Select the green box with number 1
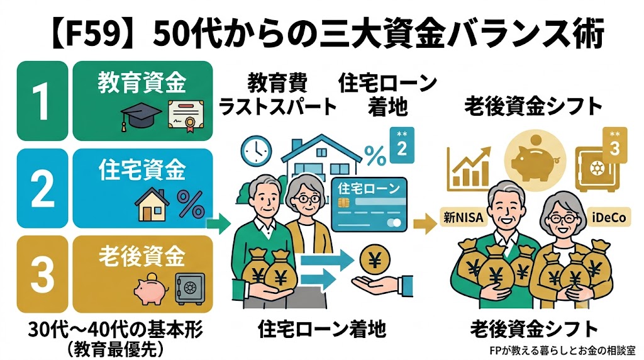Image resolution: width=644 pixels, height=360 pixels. coord(42,101)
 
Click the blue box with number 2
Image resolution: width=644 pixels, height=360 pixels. coord(42,188)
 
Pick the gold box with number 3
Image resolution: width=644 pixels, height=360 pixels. coord(42,274)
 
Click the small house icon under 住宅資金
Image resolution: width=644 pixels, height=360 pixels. coord(152,205)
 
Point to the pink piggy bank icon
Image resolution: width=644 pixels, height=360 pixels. coord(150,288)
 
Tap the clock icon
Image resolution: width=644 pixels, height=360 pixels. coord(257,150)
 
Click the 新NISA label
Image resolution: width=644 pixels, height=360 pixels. coord(464,217)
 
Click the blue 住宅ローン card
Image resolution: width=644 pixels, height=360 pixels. coord(369,205)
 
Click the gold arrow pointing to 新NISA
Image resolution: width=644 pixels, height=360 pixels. coord(425,223)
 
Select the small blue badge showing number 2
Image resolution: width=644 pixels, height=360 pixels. coord(402,145)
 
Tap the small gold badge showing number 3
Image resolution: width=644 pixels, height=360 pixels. coord(614,145)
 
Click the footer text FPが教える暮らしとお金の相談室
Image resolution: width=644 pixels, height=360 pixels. coord(562,351)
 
